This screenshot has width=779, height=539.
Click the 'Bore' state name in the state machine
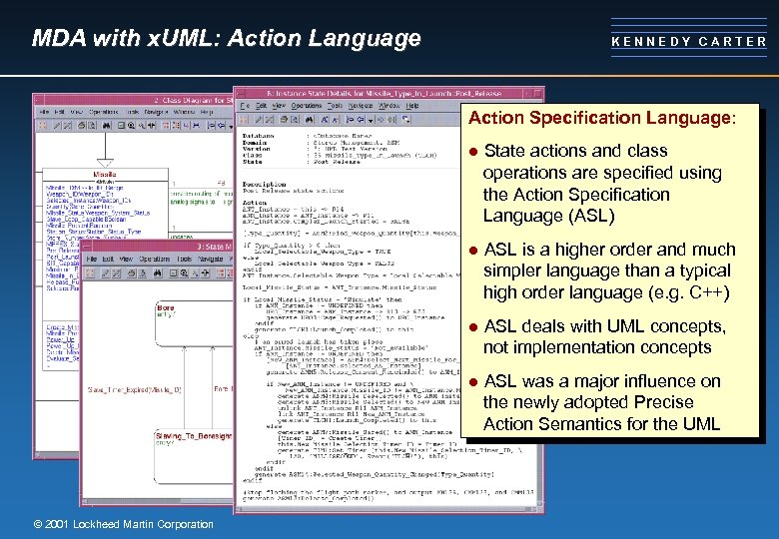[x=166, y=308]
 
